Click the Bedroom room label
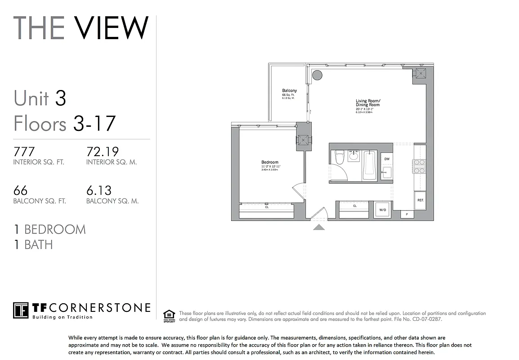270,162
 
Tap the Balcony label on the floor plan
289,91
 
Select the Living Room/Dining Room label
368,103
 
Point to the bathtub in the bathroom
370,164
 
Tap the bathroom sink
354,156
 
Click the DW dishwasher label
386,158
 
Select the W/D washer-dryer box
383,210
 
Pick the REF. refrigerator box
420,200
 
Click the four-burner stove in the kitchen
419,166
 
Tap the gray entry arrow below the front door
319,227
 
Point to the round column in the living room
317,75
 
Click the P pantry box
407,215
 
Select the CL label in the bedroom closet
267,207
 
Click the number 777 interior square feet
24,151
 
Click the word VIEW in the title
111,28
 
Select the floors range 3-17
94,123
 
